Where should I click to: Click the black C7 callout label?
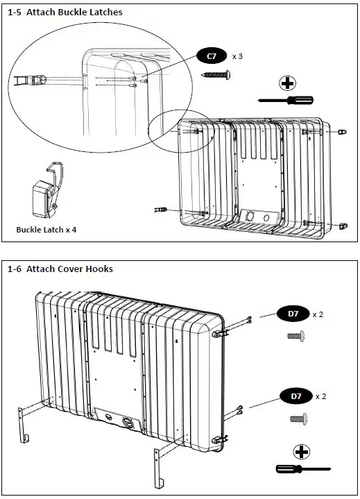tap(212, 56)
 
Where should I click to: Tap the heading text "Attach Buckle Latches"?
tap(74, 12)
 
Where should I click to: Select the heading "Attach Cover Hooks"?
tap(69, 269)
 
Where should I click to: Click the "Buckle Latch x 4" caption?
tap(46, 230)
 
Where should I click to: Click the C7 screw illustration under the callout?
tap(216, 75)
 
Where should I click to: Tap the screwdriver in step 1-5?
tap(286, 100)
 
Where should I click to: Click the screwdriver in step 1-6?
tap(303, 468)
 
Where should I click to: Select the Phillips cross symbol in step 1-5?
tap(287, 84)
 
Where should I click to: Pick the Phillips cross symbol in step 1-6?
tap(301, 452)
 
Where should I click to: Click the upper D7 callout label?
tap(293, 314)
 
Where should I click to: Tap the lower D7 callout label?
tap(296, 396)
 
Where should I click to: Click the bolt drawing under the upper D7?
tap(296, 336)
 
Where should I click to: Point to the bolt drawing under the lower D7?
tap(299, 418)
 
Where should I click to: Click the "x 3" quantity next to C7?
tap(237, 56)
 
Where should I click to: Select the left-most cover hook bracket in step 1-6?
tap(22, 425)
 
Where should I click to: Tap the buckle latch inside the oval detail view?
tap(31, 81)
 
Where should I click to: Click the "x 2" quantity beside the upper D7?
tap(318, 314)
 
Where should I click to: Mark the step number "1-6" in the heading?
tap(15, 269)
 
